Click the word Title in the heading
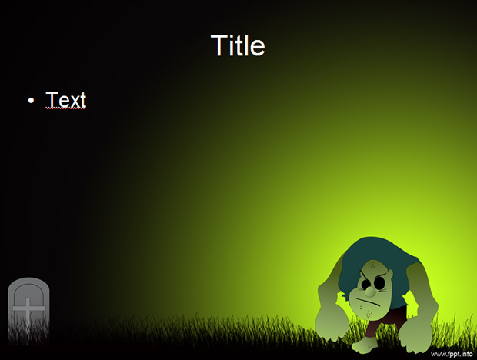(238, 45)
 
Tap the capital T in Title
(218, 45)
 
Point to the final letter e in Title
(258, 48)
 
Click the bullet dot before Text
(31, 100)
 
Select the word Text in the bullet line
(66, 99)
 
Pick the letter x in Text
(74, 102)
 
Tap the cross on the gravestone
(28, 310)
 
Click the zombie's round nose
(370, 292)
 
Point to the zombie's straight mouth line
(368, 302)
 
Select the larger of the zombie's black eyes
(379, 283)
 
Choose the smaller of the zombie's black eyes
(365, 284)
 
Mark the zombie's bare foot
(365, 346)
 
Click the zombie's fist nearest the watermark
(415, 336)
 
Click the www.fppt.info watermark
(452, 354)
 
